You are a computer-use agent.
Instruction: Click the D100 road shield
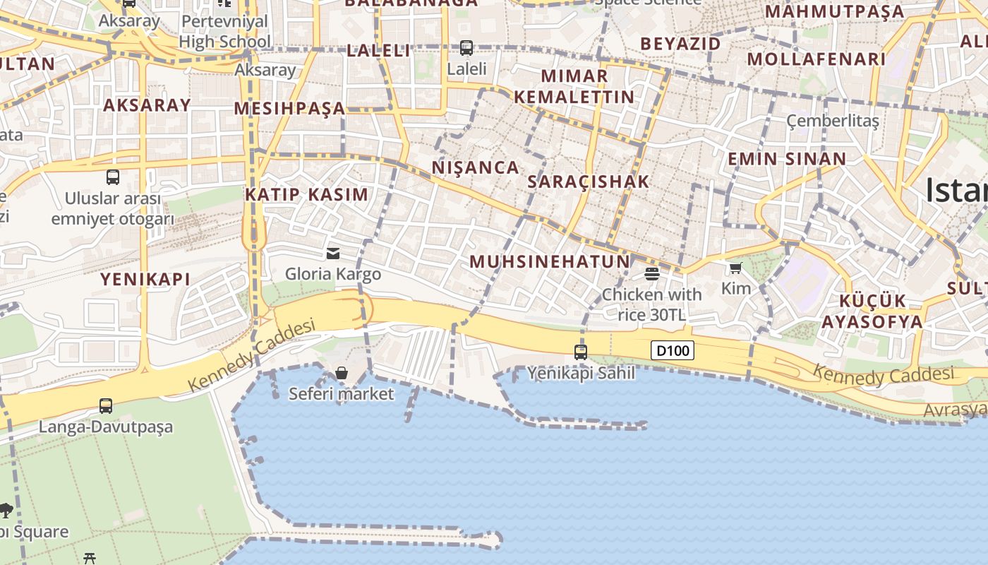pos(673,350)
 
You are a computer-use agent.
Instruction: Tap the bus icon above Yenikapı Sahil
pos(581,352)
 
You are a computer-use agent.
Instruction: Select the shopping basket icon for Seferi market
pos(342,372)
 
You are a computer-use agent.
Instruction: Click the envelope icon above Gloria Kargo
pos(333,253)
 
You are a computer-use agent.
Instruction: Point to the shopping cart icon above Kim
pos(736,268)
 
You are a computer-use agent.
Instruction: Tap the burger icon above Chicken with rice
pos(652,273)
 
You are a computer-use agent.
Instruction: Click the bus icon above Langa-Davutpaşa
pos(106,406)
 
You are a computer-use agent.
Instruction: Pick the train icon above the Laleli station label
pos(466,48)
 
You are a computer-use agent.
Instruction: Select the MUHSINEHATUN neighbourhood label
pos(550,262)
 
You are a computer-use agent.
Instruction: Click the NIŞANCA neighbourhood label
pos(476,168)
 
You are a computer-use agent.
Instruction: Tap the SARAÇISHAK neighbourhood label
pos(589,182)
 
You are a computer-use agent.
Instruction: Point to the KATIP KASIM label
pos(307,195)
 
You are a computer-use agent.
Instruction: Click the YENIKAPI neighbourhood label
pos(145,280)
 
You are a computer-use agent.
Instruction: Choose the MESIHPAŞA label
pos(289,109)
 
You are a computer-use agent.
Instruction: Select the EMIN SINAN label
pos(787,159)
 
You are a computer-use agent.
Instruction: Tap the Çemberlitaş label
pos(833,121)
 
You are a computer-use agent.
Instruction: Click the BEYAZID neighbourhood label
pos(680,44)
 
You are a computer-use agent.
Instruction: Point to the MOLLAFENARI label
pos(817,59)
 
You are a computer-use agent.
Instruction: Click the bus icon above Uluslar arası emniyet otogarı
pos(113,177)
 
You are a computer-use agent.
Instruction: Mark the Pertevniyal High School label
pos(224,32)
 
